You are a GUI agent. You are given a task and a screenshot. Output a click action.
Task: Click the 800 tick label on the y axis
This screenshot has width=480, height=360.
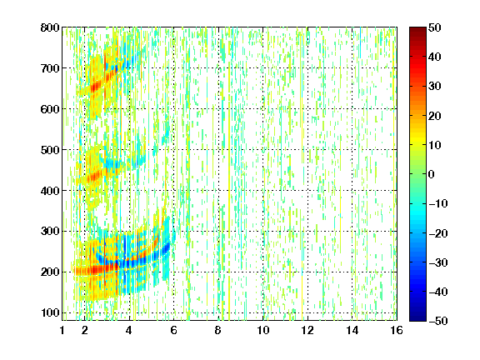click(x=50, y=27)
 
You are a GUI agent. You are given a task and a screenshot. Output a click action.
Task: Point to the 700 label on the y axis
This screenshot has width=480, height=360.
click(x=50, y=68)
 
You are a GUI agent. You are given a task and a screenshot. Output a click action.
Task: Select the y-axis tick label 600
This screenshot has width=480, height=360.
click(x=50, y=109)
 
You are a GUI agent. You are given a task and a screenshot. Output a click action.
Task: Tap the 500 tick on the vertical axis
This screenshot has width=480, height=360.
click(x=50, y=150)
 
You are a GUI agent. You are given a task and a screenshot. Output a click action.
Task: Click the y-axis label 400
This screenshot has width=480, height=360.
click(x=50, y=191)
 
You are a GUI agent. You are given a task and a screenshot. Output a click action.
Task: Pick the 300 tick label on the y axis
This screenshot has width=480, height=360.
click(x=50, y=231)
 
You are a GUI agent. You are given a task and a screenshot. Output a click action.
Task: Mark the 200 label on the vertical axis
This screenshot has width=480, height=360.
click(x=50, y=272)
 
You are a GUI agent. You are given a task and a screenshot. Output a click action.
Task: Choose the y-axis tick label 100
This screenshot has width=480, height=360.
click(x=50, y=312)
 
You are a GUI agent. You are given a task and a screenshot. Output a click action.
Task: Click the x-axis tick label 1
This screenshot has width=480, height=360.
click(x=62, y=330)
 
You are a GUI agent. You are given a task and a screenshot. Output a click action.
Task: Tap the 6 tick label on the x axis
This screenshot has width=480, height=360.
click(x=173, y=330)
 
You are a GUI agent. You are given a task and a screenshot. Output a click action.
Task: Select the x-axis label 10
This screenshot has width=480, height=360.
click(x=262, y=330)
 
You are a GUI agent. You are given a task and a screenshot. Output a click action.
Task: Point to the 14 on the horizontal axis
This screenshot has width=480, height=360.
click(x=352, y=330)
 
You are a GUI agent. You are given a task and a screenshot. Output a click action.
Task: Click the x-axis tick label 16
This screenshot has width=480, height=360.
click(x=397, y=330)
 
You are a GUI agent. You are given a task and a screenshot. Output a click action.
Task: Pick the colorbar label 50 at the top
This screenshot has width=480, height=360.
click(x=434, y=27)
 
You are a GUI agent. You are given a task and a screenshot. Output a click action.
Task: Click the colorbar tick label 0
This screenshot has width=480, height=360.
click(x=432, y=174)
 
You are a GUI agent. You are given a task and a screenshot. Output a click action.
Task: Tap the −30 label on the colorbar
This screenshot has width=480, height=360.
click(x=438, y=262)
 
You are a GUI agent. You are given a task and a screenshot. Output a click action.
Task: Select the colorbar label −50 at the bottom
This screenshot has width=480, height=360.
click(x=438, y=321)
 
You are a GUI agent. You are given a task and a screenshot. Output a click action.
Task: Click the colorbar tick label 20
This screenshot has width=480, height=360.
click(x=434, y=116)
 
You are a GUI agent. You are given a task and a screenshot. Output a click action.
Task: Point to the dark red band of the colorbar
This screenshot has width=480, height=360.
click(x=417, y=34)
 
